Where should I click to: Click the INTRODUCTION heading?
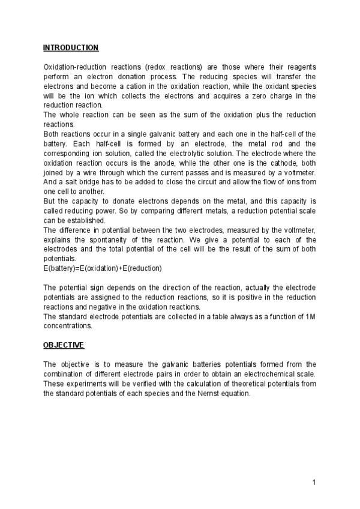tap(71, 47)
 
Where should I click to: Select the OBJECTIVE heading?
tap(64, 345)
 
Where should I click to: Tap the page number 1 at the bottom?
tap(314, 483)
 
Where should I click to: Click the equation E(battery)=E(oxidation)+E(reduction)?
tap(103, 267)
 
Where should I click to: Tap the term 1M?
tap(310, 318)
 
